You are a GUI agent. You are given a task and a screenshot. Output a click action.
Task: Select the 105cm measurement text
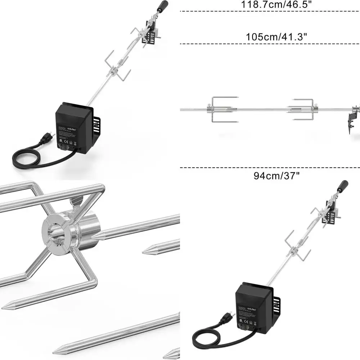point(262,37)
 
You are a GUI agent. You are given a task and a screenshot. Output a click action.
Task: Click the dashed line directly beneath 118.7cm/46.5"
point(270,12)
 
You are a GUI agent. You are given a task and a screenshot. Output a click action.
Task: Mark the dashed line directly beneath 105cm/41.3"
point(270,44)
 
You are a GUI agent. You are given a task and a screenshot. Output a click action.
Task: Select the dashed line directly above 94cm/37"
point(270,167)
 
